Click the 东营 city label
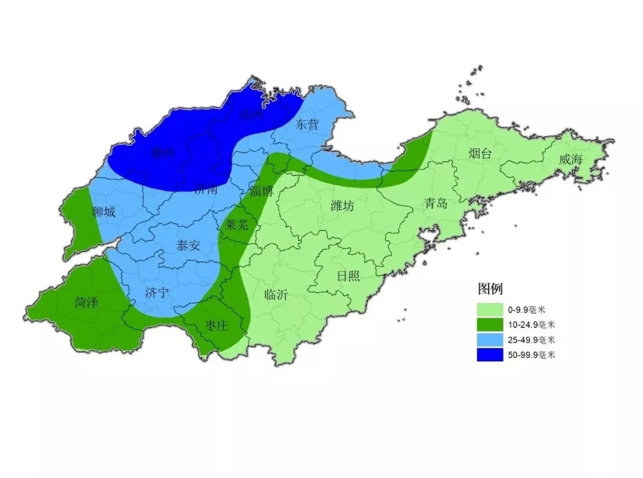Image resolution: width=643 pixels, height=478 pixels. pos(307,124)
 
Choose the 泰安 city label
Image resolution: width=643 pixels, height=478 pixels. pos(188,245)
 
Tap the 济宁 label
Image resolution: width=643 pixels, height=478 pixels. pos(157,292)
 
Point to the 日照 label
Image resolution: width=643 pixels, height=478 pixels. pos(348,276)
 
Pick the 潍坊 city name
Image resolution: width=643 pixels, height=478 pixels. pos(342,206)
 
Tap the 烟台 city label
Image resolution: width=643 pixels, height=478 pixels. pos(480,154)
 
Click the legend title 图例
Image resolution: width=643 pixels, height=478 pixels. pos(490,289)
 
